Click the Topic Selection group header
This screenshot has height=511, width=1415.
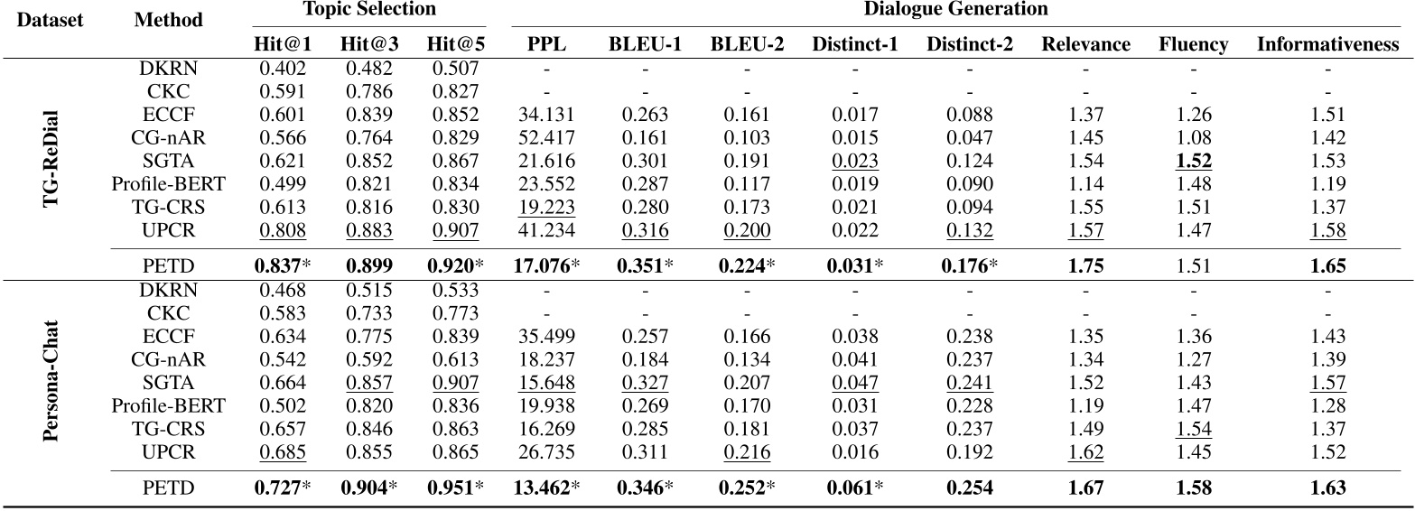point(370,11)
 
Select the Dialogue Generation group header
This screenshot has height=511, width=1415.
point(955,11)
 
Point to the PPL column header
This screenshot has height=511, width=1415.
point(546,43)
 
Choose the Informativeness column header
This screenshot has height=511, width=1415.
point(1327,43)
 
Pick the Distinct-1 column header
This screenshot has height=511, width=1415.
point(853,43)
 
